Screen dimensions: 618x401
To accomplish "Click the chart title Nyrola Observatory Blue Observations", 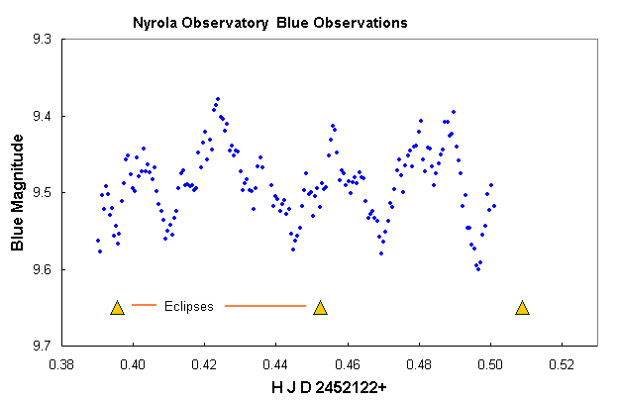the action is click(x=270, y=23).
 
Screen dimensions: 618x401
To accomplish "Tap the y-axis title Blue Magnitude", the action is click(x=18, y=192).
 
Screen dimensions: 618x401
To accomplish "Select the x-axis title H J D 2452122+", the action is click(x=329, y=387).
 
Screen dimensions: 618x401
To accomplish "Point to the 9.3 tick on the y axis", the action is click(x=42, y=39).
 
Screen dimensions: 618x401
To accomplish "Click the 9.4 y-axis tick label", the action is click(x=42, y=116).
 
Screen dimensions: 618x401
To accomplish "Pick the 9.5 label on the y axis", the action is click(x=42, y=193).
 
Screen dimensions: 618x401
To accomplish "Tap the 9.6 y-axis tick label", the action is click(x=42, y=269).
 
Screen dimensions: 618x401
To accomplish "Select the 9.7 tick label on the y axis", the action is click(x=42, y=346).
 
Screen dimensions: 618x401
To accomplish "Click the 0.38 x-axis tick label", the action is click(x=61, y=364).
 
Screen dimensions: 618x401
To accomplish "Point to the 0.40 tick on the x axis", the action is click(x=133, y=364).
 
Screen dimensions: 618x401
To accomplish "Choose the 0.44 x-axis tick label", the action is click(x=275, y=364).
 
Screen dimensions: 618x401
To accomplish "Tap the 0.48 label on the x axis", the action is click(x=419, y=364).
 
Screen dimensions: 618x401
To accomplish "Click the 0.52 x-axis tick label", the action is click(x=562, y=364).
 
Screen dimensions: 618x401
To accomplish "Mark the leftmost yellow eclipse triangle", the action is click(x=117, y=309).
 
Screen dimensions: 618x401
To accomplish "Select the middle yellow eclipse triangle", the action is click(x=320, y=309).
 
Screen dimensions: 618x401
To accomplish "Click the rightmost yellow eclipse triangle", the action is click(x=522, y=309).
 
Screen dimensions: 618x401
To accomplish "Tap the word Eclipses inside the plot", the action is click(x=189, y=307).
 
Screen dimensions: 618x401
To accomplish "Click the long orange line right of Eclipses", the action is click(x=265, y=306).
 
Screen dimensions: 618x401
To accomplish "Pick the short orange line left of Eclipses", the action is click(x=144, y=305).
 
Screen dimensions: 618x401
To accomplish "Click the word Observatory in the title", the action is click(x=224, y=23).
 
